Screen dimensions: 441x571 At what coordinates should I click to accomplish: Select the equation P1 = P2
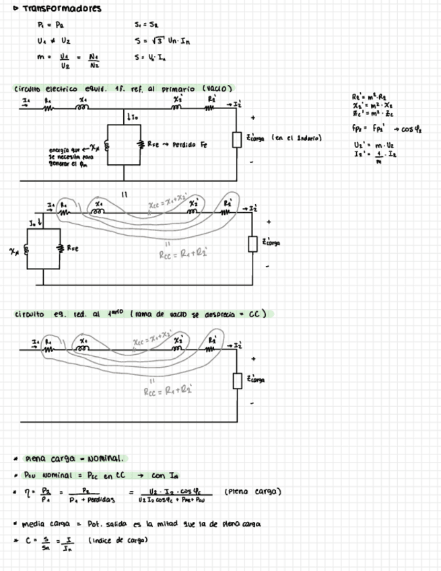coord(47,25)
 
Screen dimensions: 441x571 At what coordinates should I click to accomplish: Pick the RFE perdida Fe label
coord(177,144)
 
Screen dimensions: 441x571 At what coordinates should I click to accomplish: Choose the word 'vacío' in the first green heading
coord(219,88)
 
